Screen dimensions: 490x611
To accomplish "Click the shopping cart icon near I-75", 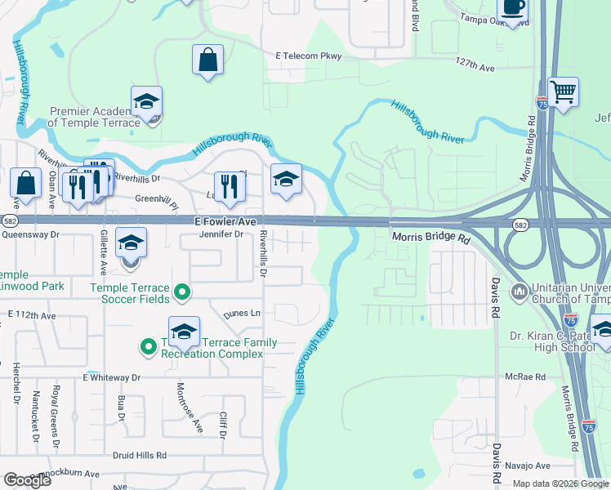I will pyautogui.click(x=563, y=91).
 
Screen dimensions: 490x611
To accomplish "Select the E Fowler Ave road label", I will pyautogui.click(x=225, y=221).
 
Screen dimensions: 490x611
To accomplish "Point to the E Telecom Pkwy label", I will pyautogui.click(x=309, y=56).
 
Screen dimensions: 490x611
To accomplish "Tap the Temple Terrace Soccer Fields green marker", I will pyautogui.click(x=183, y=291).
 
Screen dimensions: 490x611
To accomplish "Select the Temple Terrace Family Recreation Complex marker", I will pyautogui.click(x=149, y=348).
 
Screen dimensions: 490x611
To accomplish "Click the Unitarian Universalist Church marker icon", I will pyautogui.click(x=519, y=292).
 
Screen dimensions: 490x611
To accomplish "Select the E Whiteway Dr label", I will pyautogui.click(x=112, y=378).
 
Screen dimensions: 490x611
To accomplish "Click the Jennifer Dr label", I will pyautogui.click(x=221, y=234).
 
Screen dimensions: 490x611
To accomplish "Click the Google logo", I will pyautogui.click(x=28, y=479).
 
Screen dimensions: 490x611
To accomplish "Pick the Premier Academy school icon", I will pyautogui.click(x=147, y=101).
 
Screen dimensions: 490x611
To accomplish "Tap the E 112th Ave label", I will pyautogui.click(x=32, y=315).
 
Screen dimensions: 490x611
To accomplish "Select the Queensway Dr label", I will pyautogui.click(x=33, y=234).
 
